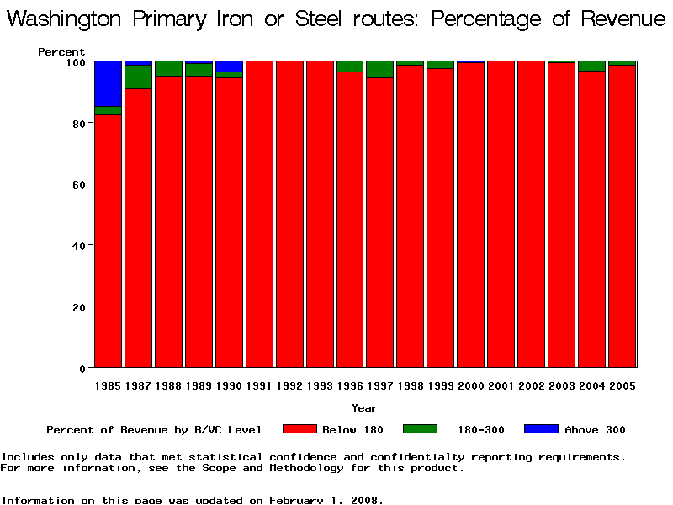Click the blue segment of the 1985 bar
[x=108, y=83]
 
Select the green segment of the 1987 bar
[x=138, y=77]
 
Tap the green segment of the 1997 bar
[x=380, y=69]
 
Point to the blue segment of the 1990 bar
[x=229, y=66]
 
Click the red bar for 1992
[x=289, y=215]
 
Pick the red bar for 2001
[x=501, y=215]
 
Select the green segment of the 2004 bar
[x=592, y=66]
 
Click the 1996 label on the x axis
[x=350, y=385]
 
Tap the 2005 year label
[x=623, y=385]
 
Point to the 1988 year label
[x=168, y=385]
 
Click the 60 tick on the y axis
[x=81, y=184]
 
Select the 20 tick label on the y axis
[x=81, y=307]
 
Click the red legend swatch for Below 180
[x=299, y=429]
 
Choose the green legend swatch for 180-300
[x=420, y=429]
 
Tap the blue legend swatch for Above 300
[x=541, y=429]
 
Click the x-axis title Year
[x=364, y=408]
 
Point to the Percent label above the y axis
[x=61, y=52]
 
